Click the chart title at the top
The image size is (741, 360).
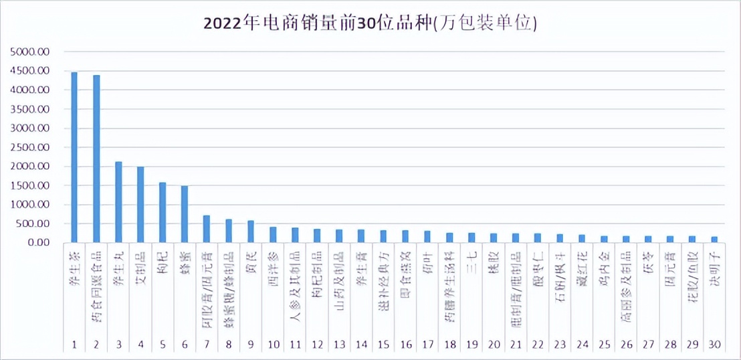pos(370,24)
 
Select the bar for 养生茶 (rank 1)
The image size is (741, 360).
pos(74,157)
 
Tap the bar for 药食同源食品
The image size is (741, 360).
pos(96,159)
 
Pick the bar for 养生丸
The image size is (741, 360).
pos(118,201)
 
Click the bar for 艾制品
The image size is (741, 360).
pos(140,204)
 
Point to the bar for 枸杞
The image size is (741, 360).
pos(163,212)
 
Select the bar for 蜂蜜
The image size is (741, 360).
pos(185,214)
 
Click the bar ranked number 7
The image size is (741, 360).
pos(207,229)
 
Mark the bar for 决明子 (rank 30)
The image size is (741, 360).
pos(714,240)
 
